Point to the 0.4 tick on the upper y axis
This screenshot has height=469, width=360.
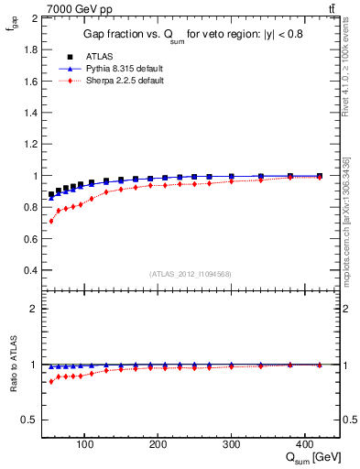[29, 270]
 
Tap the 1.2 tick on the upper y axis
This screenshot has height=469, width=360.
[29, 144]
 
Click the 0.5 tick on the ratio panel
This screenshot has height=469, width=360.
[29, 420]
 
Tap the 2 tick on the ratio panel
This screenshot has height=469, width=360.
[33, 309]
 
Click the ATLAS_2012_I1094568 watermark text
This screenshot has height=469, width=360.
[189, 274]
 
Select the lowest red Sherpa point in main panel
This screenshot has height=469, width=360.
[51, 221]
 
